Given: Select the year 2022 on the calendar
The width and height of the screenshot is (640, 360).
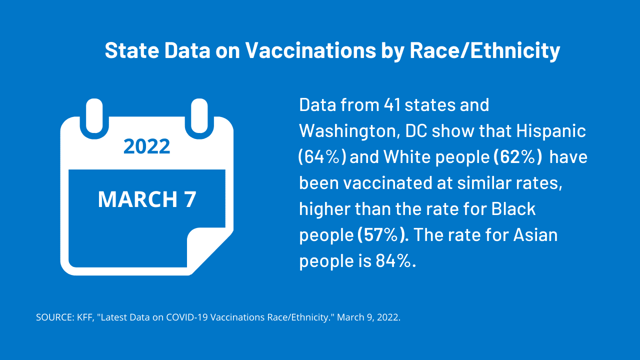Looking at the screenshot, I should (147, 146).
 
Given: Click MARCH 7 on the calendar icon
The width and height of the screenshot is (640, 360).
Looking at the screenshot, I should (147, 199).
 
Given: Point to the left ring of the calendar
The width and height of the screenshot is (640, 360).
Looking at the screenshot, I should (94, 117).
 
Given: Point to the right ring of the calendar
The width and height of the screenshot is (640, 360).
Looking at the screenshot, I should (199, 117).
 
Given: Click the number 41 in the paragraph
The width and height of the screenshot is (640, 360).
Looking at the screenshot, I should (392, 105).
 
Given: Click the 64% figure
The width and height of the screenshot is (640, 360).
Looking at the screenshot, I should (322, 157).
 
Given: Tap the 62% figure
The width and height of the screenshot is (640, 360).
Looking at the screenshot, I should (517, 157).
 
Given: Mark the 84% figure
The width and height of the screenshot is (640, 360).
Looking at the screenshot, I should (395, 261).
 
